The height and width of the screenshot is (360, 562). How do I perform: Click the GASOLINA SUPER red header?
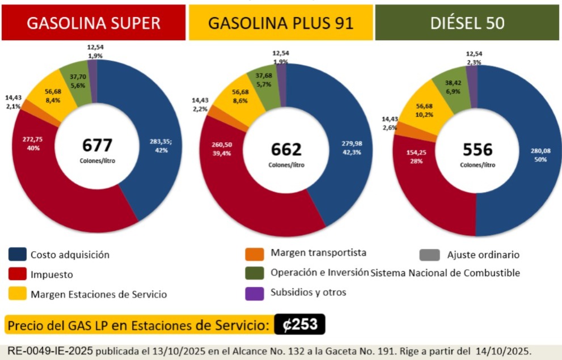(x=94, y=23)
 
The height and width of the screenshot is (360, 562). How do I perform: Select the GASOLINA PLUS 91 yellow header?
(x=281, y=23)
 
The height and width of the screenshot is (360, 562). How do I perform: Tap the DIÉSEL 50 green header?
(x=467, y=23)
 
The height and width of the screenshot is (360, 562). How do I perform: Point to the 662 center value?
(x=286, y=149)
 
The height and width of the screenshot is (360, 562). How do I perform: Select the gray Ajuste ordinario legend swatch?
(x=429, y=255)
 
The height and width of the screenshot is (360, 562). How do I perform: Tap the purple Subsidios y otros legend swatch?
(x=255, y=293)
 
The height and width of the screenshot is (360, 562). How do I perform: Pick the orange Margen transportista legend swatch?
(x=255, y=253)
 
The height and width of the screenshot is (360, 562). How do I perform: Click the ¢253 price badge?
(x=299, y=325)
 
